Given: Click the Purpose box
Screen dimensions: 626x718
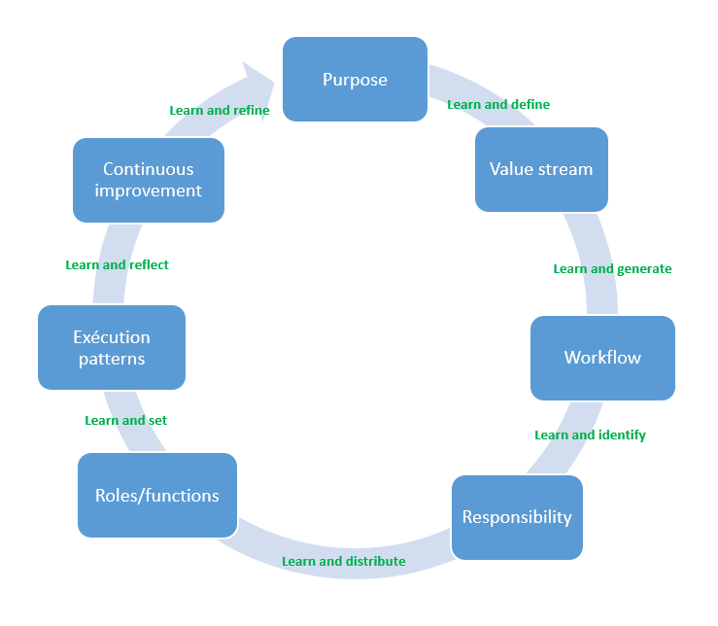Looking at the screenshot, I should tap(355, 80).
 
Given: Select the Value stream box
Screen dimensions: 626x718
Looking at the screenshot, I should tap(541, 169).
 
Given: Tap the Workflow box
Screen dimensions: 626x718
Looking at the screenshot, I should tap(602, 358).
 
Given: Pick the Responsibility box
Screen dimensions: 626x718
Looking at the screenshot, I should tap(517, 517).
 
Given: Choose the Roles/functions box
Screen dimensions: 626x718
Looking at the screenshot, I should tap(157, 496).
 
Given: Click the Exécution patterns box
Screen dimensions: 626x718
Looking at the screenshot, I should tap(112, 348).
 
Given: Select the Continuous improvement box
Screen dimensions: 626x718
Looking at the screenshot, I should tap(149, 180).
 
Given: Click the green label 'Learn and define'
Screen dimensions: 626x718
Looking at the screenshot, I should tap(498, 105).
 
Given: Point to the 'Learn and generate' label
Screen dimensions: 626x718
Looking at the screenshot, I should tap(612, 269).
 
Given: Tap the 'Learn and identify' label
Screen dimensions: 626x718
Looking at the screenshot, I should tap(590, 435).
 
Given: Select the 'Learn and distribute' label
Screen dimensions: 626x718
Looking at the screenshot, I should tap(344, 562).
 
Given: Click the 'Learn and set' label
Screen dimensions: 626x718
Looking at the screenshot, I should tap(126, 421).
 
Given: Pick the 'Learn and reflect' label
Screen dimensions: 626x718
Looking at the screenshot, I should tap(117, 264).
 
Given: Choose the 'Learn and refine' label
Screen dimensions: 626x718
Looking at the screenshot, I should tap(220, 111).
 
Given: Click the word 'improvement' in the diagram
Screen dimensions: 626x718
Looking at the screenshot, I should tap(149, 191).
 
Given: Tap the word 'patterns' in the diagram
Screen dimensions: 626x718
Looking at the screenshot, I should tap(112, 359).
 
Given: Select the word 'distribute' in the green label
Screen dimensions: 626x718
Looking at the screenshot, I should tap(373, 562).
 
